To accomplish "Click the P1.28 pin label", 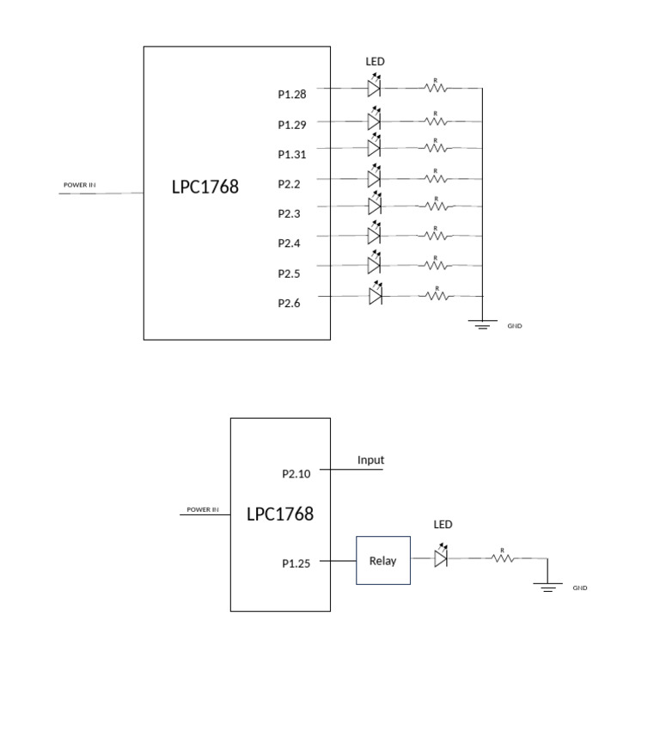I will pyautogui.click(x=292, y=95).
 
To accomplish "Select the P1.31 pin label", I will pyautogui.click(x=292, y=154).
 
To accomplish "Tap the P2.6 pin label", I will pyautogui.click(x=289, y=303).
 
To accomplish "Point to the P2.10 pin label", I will pyautogui.click(x=296, y=473).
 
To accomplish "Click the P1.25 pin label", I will pyautogui.click(x=296, y=563).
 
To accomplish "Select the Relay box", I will pyautogui.click(x=383, y=561).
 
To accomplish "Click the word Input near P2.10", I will pyautogui.click(x=370, y=460).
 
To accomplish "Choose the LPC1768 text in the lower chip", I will pyautogui.click(x=279, y=514).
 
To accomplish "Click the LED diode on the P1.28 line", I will pyautogui.click(x=374, y=88).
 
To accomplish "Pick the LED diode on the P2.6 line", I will pyautogui.click(x=374, y=296).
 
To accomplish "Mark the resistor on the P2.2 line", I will pyautogui.click(x=436, y=178).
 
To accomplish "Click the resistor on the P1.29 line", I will pyautogui.click(x=436, y=121).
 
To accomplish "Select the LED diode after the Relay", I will pyautogui.click(x=441, y=558).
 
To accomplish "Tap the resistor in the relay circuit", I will pyautogui.click(x=502, y=558).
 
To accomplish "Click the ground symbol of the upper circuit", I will pyautogui.click(x=483, y=324).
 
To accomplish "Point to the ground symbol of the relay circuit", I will pyautogui.click(x=547, y=587).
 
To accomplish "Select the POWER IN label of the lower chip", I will pyautogui.click(x=203, y=509).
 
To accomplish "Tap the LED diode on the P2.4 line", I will pyautogui.click(x=374, y=235).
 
